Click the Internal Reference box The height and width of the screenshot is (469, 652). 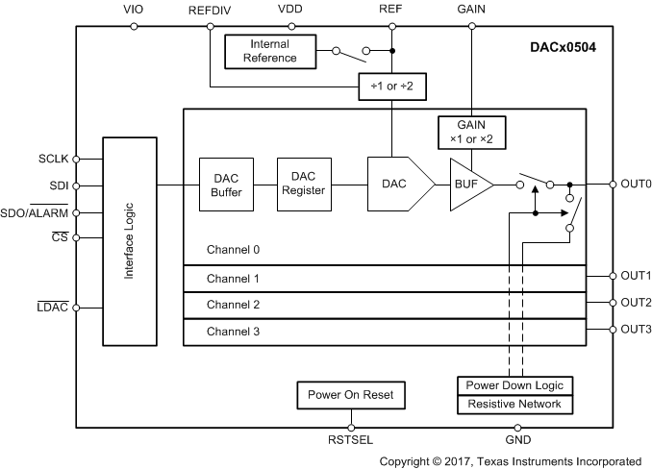[x=270, y=51]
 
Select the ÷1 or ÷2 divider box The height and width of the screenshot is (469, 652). [x=391, y=87]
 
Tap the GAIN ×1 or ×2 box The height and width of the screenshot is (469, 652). [x=471, y=132]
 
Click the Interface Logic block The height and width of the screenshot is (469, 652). [x=130, y=240]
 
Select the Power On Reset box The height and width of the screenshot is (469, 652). [x=351, y=394]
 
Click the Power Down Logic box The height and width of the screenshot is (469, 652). [x=517, y=385]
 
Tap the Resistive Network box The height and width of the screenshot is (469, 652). [x=517, y=404]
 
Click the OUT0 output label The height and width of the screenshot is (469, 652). [x=635, y=184]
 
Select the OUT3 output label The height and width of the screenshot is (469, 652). [x=635, y=330]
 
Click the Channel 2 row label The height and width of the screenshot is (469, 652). [x=234, y=305]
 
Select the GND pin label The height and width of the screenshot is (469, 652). [x=517, y=443]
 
